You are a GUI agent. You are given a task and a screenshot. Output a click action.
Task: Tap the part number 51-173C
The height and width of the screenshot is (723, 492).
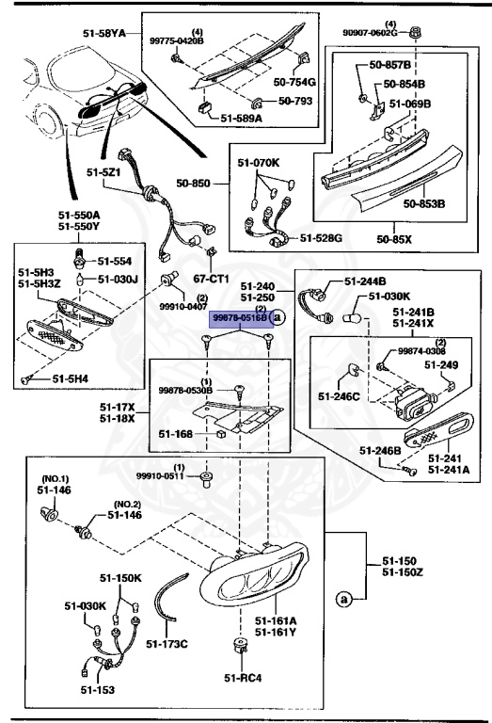[169, 644]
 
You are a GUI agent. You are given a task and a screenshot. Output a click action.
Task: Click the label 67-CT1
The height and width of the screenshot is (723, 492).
[213, 280]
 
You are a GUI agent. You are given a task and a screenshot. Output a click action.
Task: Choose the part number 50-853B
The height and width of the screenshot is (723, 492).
[423, 202]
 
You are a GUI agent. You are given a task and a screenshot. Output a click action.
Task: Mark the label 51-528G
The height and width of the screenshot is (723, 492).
[322, 239]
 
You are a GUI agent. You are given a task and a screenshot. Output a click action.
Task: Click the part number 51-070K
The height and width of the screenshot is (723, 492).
[259, 163]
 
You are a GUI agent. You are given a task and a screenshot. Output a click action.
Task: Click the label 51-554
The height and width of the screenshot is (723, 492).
[116, 260]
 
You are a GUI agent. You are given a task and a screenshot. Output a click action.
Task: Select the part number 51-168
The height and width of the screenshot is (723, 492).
[175, 434]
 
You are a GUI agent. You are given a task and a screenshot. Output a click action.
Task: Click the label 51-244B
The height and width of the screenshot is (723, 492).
[365, 281]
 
